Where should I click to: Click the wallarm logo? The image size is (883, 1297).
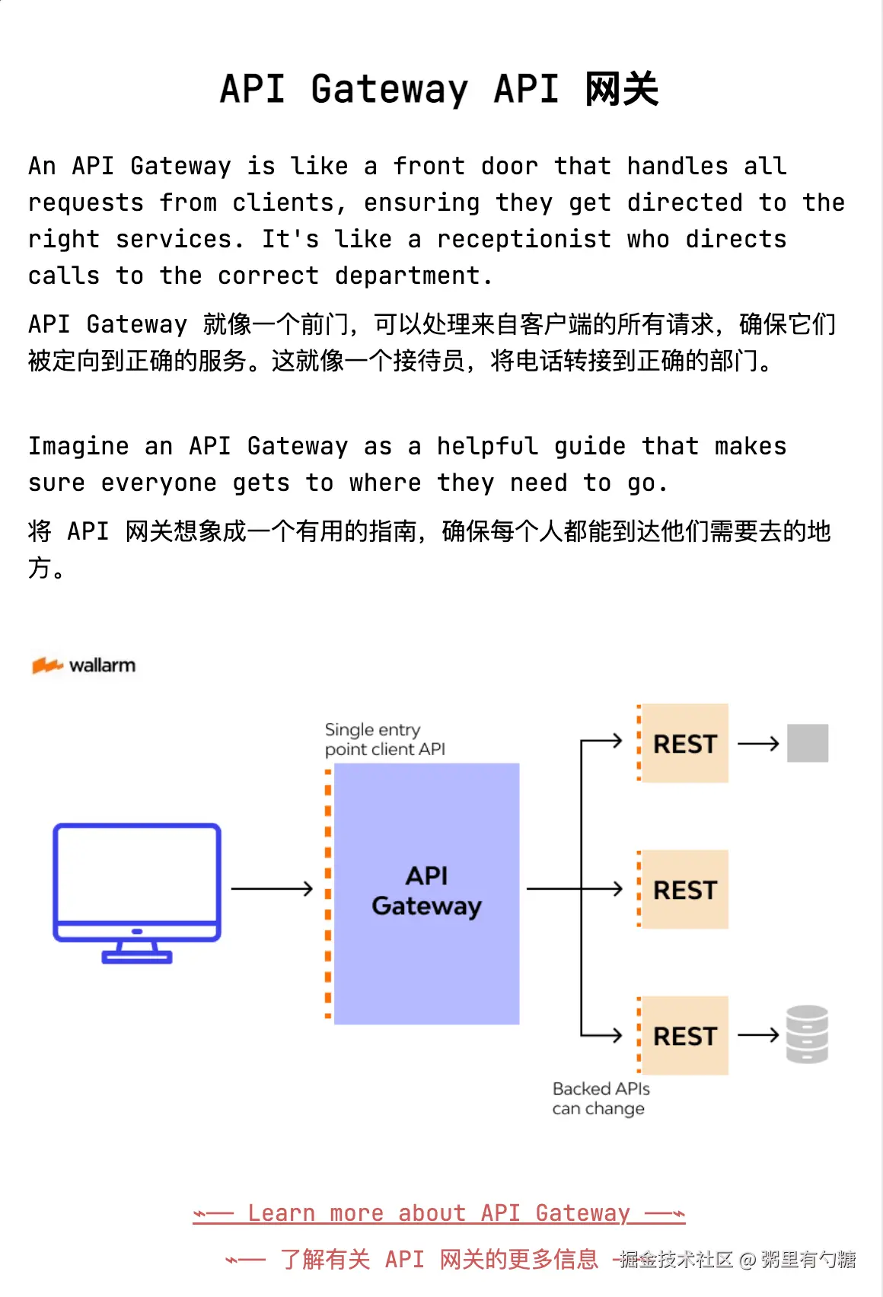tap(84, 665)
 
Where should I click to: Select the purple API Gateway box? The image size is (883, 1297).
tap(427, 893)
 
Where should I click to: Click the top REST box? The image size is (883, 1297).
tap(684, 744)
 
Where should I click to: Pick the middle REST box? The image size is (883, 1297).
tap(684, 890)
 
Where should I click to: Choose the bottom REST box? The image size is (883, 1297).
tap(684, 1036)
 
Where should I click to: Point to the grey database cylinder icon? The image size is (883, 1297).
tap(807, 1034)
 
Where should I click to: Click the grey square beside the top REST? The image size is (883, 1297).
tap(808, 743)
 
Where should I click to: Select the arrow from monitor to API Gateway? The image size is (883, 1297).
tap(272, 888)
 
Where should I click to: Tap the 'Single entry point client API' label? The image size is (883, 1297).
tap(384, 739)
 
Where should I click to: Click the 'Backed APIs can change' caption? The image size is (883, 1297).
tap(601, 1098)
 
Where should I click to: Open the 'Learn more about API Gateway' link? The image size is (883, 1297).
tap(439, 1213)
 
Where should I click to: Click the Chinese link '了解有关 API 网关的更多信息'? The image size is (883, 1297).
tap(439, 1259)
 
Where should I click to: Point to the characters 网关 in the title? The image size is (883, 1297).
tap(622, 89)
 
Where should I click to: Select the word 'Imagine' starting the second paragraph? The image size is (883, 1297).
tap(78, 446)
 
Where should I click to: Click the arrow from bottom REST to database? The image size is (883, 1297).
tap(758, 1035)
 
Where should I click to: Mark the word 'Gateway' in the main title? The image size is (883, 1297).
tap(389, 89)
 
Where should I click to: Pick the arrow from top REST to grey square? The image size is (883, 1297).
tap(758, 744)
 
